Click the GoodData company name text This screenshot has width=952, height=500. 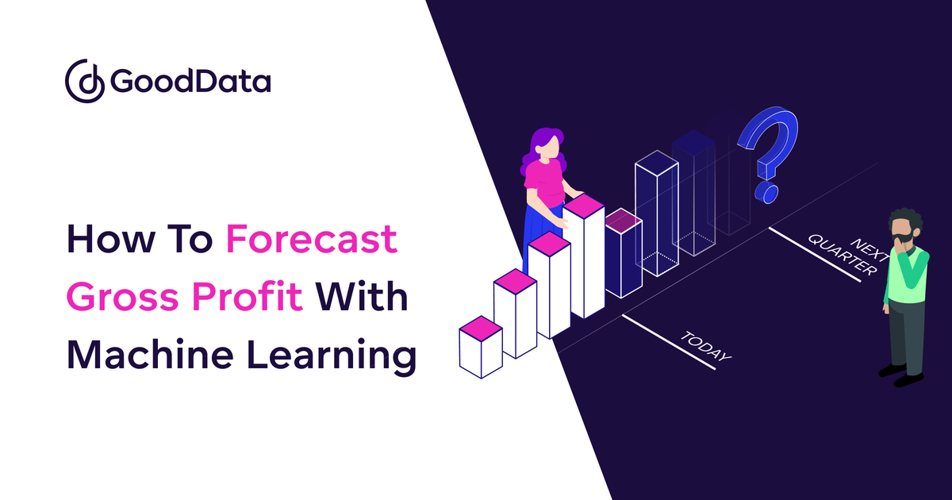point(191,81)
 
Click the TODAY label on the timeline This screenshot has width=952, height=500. point(705,348)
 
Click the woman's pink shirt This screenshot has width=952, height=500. point(546,182)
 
